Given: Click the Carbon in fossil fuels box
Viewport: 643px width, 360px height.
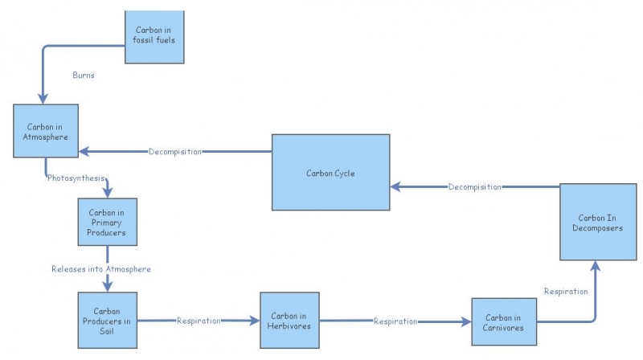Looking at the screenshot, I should (x=155, y=36).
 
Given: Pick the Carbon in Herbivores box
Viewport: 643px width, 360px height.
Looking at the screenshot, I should (x=289, y=321).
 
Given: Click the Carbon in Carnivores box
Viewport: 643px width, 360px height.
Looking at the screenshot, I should (x=504, y=321).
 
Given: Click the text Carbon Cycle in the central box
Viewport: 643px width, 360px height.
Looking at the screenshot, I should (x=330, y=173).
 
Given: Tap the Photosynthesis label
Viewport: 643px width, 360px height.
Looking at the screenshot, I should (x=76, y=178).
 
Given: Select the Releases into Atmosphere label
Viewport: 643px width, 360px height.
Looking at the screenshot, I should (x=100, y=268).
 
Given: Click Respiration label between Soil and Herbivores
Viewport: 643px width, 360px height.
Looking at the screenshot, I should (x=199, y=321).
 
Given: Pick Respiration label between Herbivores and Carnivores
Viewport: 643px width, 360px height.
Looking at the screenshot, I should (x=395, y=321).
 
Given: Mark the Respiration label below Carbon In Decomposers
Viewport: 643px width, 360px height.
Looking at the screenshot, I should (x=566, y=291).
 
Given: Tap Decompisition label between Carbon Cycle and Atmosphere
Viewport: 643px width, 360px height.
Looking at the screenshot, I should (x=174, y=151).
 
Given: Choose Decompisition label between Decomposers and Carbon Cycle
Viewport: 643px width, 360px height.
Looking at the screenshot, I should (x=474, y=186).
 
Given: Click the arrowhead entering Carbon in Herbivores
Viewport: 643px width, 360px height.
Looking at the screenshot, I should (x=255, y=321).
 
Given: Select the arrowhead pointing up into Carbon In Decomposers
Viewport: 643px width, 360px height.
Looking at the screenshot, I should (x=595, y=266).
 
